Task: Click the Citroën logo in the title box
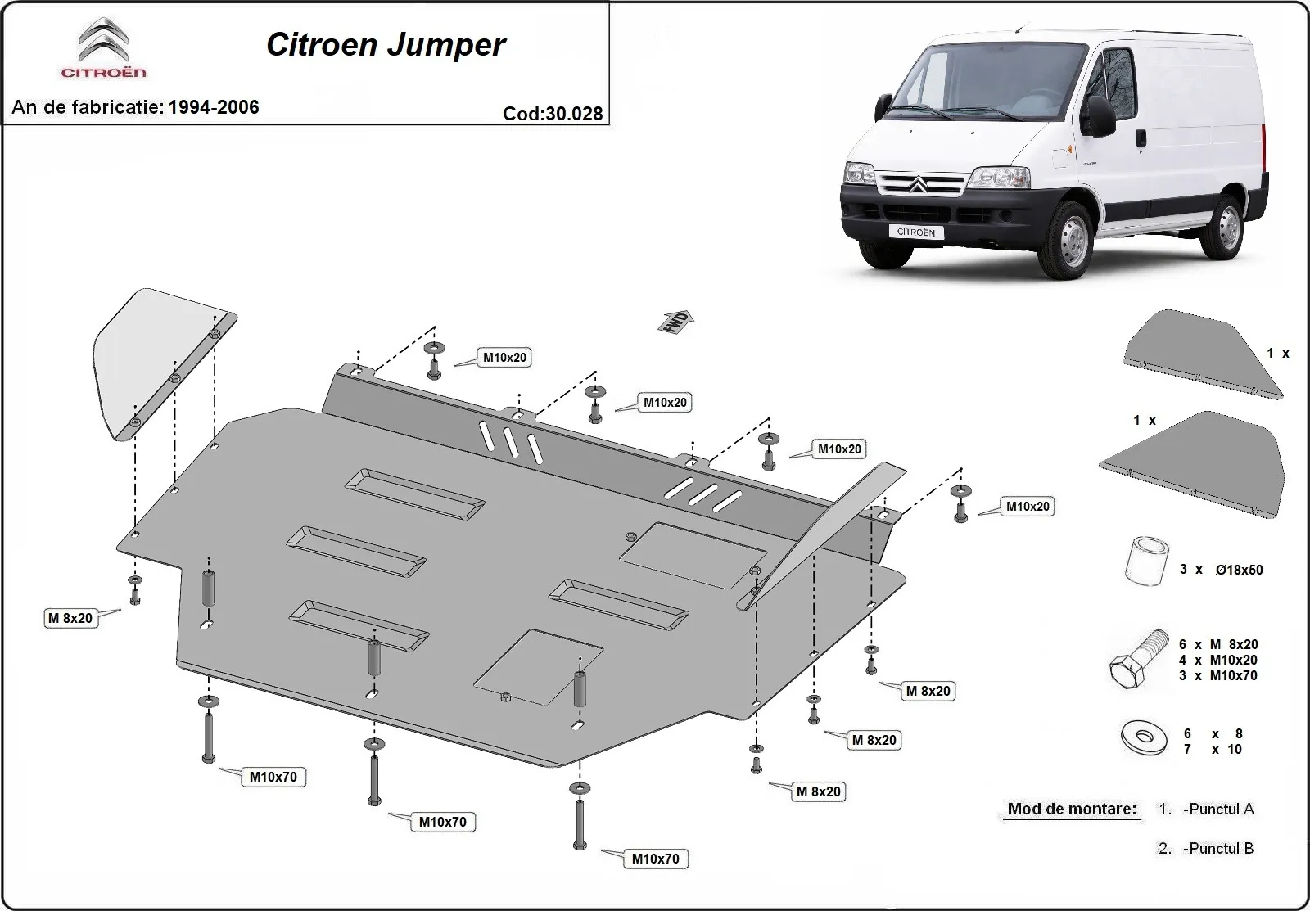pos(103,47)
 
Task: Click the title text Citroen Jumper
pos(386,45)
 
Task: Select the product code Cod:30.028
pos(553,114)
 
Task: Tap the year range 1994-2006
pos(214,107)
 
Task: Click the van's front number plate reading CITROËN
pos(916,232)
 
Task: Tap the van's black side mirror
pos(1100,115)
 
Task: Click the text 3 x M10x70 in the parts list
pos(1217,675)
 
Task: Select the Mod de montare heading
pos(1072,809)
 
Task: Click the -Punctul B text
pos(1218,848)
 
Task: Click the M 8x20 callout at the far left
pos(70,618)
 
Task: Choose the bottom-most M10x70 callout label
pos(656,859)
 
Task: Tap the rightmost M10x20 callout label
pos(1028,507)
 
